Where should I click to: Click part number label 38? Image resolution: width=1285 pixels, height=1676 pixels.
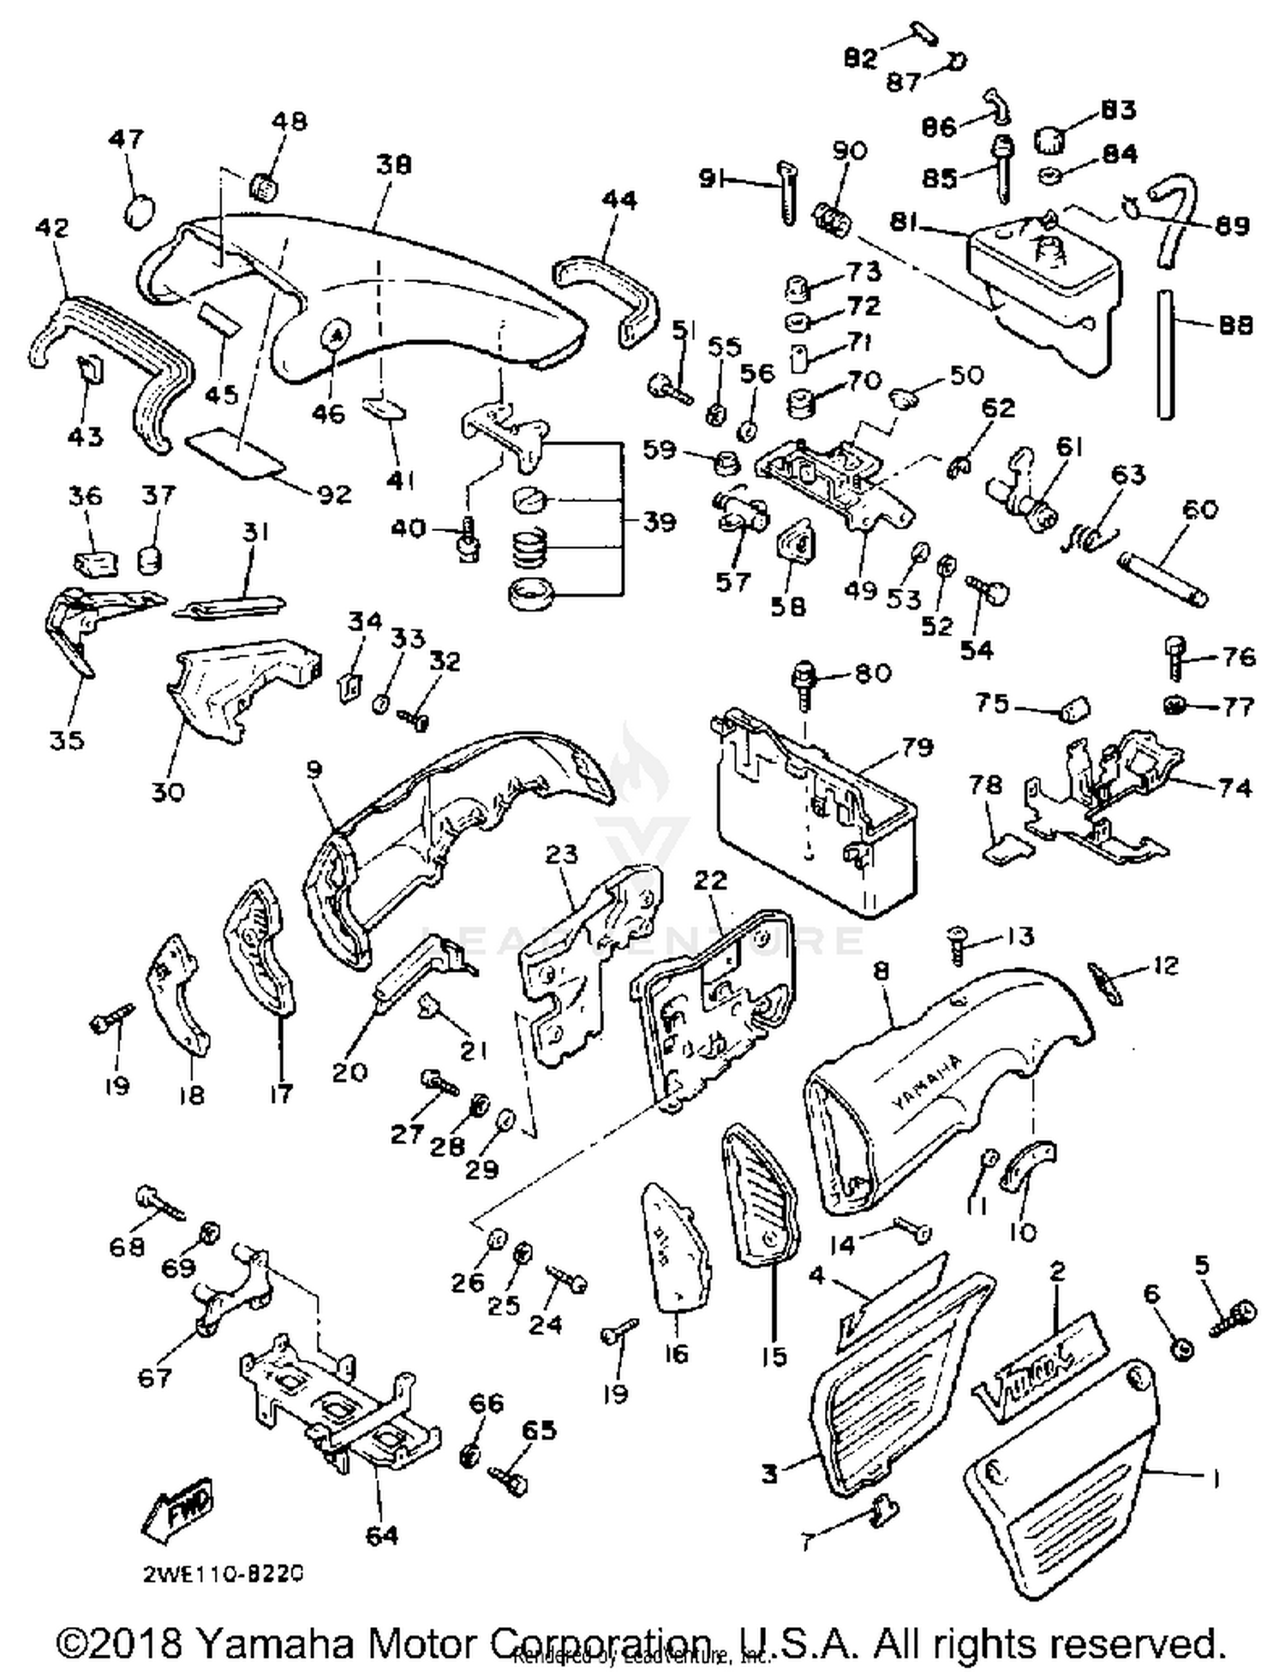[393, 164]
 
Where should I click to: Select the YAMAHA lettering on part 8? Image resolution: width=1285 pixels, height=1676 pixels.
[927, 1080]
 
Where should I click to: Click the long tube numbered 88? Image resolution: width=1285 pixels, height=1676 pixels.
[1165, 353]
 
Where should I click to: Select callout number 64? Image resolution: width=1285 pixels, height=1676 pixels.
[381, 1535]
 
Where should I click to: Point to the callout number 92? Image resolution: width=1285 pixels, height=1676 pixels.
[334, 494]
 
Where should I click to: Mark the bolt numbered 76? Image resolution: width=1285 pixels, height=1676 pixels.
[1176, 659]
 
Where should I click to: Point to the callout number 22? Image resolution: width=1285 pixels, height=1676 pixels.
[710, 880]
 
